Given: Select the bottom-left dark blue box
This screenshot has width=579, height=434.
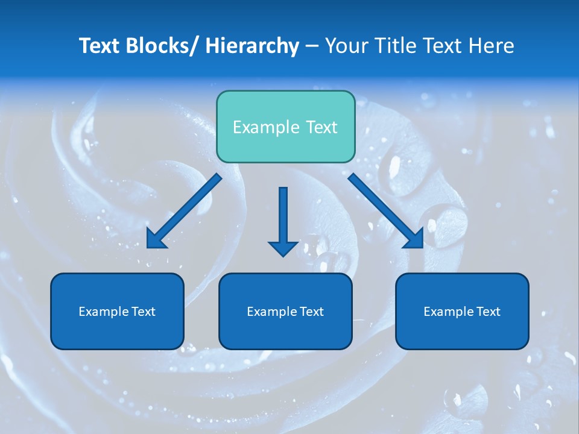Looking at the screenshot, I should click(117, 312).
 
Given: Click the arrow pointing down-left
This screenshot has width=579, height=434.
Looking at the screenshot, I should click(184, 211).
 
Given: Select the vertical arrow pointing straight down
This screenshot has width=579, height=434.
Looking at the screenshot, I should click(283, 217).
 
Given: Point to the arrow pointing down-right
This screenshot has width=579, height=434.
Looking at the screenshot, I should click(386, 211).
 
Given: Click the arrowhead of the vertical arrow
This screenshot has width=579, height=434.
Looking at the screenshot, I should click(283, 248).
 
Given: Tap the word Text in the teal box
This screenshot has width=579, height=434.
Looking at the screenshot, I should click(321, 127).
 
